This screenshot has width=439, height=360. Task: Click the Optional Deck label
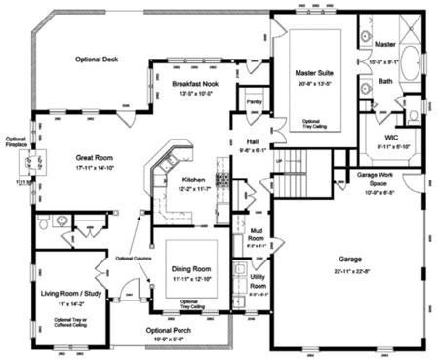coord(98,60)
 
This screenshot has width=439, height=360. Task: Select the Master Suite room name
coord(318,73)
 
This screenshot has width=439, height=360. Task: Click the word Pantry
coord(256,101)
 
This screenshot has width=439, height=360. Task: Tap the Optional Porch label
coord(173,331)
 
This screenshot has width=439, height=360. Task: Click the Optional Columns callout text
coord(137,258)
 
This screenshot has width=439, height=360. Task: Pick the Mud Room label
coord(257,234)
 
